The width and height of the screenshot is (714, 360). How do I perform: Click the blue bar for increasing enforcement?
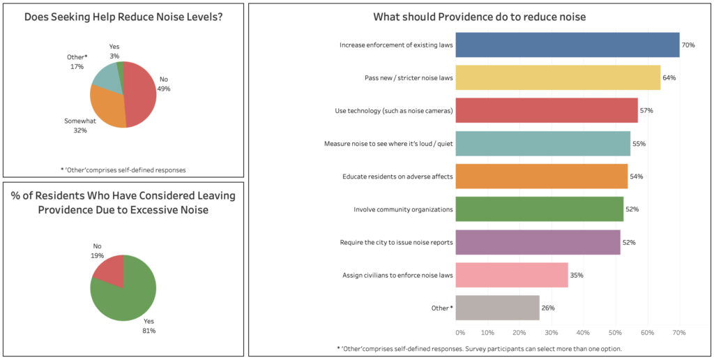pos(568,45)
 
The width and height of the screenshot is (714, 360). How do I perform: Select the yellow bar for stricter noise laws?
pos(558,77)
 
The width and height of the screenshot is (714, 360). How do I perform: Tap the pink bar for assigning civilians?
pos(512,275)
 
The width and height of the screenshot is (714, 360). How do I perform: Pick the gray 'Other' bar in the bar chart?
pos(498,308)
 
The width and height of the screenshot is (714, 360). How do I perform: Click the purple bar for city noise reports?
pos(538,242)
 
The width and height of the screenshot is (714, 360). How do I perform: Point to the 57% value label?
pos(646,111)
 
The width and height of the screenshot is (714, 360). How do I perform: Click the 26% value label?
pos(548,308)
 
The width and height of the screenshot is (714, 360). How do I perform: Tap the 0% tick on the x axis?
pos(460,333)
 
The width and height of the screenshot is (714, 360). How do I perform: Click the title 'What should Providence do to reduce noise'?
pos(479,17)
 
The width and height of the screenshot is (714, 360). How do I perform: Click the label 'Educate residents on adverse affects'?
pos(397,177)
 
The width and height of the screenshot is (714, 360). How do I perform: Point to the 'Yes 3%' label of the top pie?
pos(114,50)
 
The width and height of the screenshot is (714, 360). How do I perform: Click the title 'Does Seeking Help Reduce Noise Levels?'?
pos(123,17)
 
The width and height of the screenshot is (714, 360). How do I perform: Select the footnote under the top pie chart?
pos(123,170)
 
